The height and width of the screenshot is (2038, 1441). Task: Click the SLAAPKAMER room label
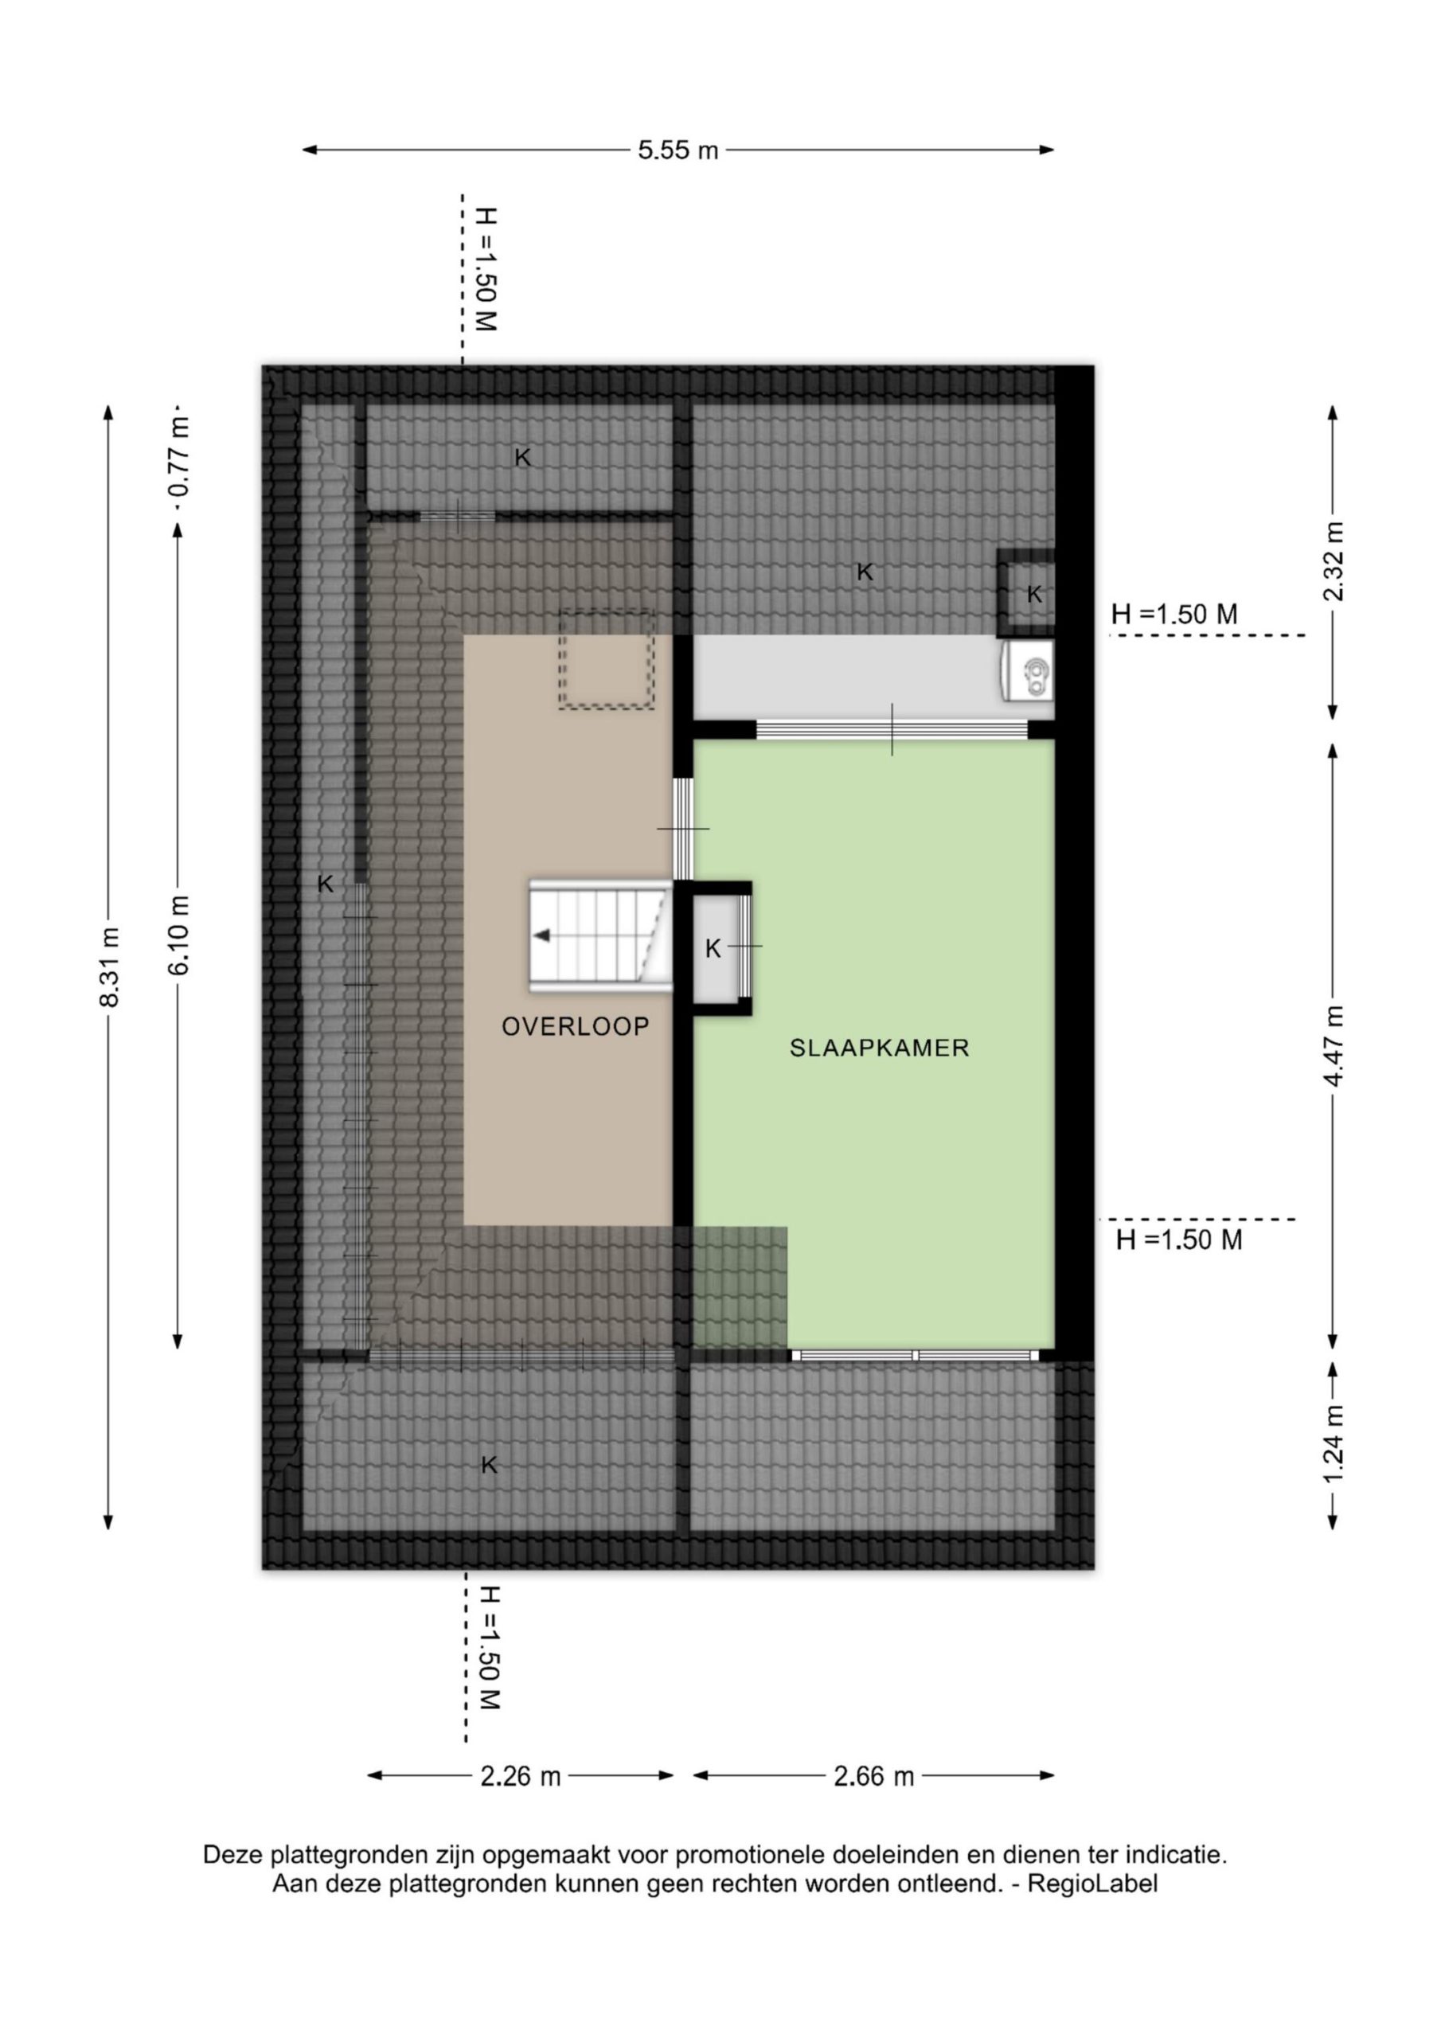click(x=879, y=1048)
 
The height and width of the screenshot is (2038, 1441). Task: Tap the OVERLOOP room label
click(x=576, y=1027)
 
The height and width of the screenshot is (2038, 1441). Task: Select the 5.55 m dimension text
click(x=678, y=150)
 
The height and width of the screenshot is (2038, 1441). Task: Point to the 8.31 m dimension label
click(x=109, y=966)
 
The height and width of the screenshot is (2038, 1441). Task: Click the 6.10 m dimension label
click(x=178, y=935)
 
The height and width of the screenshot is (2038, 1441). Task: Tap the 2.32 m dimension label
click(x=1334, y=561)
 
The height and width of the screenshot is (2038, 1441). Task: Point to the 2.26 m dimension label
click(x=521, y=1776)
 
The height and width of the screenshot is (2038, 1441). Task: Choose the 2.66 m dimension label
click(x=873, y=1776)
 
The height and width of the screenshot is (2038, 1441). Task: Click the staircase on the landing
click(x=600, y=935)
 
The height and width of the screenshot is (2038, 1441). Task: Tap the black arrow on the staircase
click(x=541, y=935)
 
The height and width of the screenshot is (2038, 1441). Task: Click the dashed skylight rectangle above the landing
click(x=606, y=658)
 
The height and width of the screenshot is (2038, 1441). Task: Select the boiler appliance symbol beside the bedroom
click(x=1029, y=671)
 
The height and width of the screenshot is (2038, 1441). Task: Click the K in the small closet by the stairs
click(x=713, y=949)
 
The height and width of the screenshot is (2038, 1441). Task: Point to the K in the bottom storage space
click(x=489, y=1466)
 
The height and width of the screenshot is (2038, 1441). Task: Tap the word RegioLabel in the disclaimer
click(x=1092, y=1884)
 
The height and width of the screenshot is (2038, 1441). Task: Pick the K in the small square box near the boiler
click(x=1034, y=595)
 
